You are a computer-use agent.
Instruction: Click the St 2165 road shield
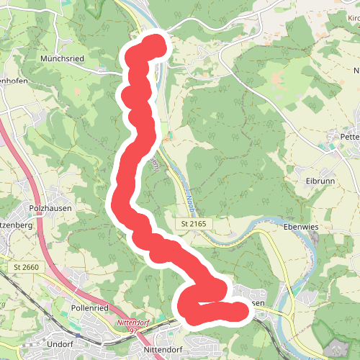point(194,225)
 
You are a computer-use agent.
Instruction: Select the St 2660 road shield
point(26,267)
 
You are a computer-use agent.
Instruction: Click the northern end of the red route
point(154,45)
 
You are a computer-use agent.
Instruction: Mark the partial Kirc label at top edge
point(350,13)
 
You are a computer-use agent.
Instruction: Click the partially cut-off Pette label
point(348,135)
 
